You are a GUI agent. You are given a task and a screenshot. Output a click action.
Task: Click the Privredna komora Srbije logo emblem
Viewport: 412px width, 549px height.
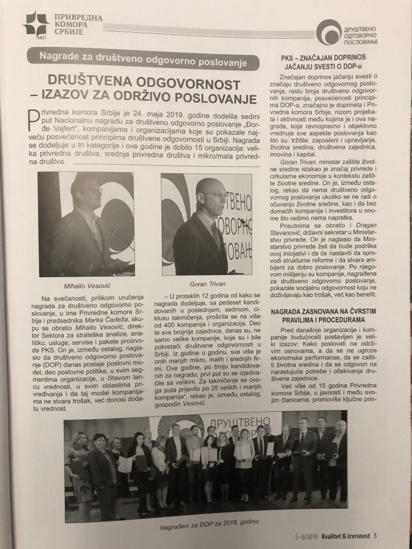click(x=35, y=23)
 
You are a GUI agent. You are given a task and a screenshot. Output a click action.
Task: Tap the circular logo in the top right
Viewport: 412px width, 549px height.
click(x=328, y=32)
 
